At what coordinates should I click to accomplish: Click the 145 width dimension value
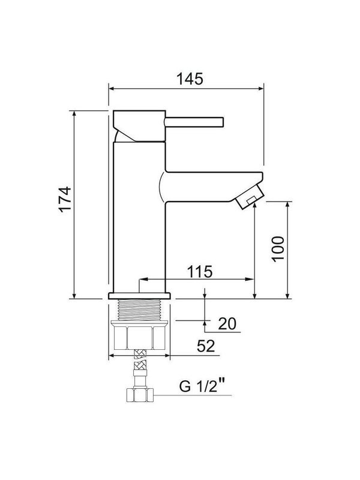pyautogui.click(x=186, y=79)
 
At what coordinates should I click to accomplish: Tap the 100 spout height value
pyautogui.click(x=277, y=248)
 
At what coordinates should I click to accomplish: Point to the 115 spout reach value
pyautogui.click(x=199, y=272)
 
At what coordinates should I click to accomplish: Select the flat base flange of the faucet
pyautogui.click(x=140, y=296)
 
